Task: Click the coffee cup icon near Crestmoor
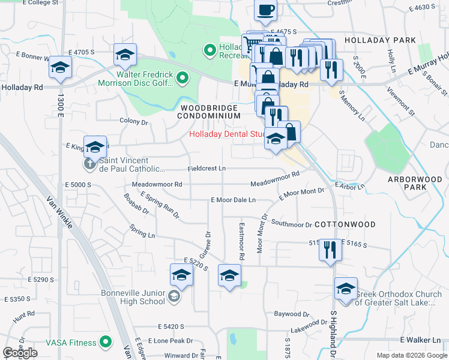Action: click(265, 10)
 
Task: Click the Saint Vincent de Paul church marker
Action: click(89, 163)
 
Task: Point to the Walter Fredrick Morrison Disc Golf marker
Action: click(184, 77)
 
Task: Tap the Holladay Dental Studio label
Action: click(227, 134)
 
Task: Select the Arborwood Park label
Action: click(406, 183)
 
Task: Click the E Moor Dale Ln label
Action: click(234, 200)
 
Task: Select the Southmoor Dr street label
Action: click(292, 224)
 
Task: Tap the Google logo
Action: click(20, 352)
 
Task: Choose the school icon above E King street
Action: click(95, 146)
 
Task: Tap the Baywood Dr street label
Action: click(291, 314)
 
